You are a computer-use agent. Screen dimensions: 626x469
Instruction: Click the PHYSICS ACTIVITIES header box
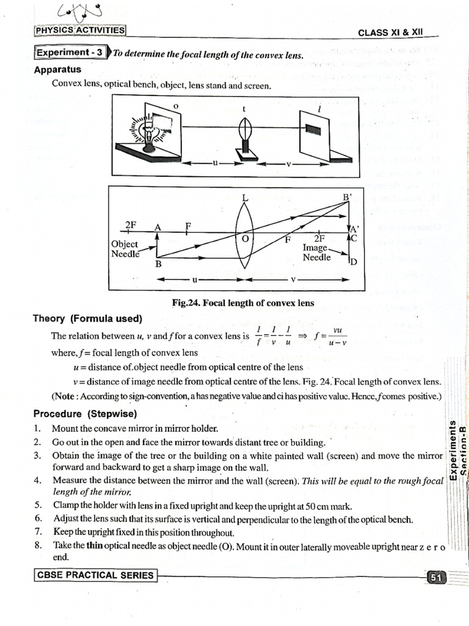click(x=80, y=30)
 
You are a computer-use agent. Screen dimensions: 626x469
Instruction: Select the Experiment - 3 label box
click(x=70, y=53)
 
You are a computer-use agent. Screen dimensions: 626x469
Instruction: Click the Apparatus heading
click(x=58, y=70)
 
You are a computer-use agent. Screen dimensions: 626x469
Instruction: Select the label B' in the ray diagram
click(x=348, y=197)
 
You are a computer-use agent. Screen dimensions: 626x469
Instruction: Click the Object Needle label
click(x=125, y=249)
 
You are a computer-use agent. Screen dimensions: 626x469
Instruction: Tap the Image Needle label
click(x=316, y=253)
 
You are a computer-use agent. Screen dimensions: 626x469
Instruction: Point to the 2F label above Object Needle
click(x=130, y=224)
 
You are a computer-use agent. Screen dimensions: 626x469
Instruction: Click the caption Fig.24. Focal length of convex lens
click(x=244, y=303)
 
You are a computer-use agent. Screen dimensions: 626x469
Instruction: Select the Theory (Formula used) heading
click(x=87, y=319)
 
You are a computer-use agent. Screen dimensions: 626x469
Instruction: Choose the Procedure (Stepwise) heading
click(x=85, y=413)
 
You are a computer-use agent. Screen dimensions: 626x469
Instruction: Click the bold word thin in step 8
click(x=93, y=545)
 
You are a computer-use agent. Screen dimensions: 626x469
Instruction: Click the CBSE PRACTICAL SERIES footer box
click(x=95, y=575)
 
